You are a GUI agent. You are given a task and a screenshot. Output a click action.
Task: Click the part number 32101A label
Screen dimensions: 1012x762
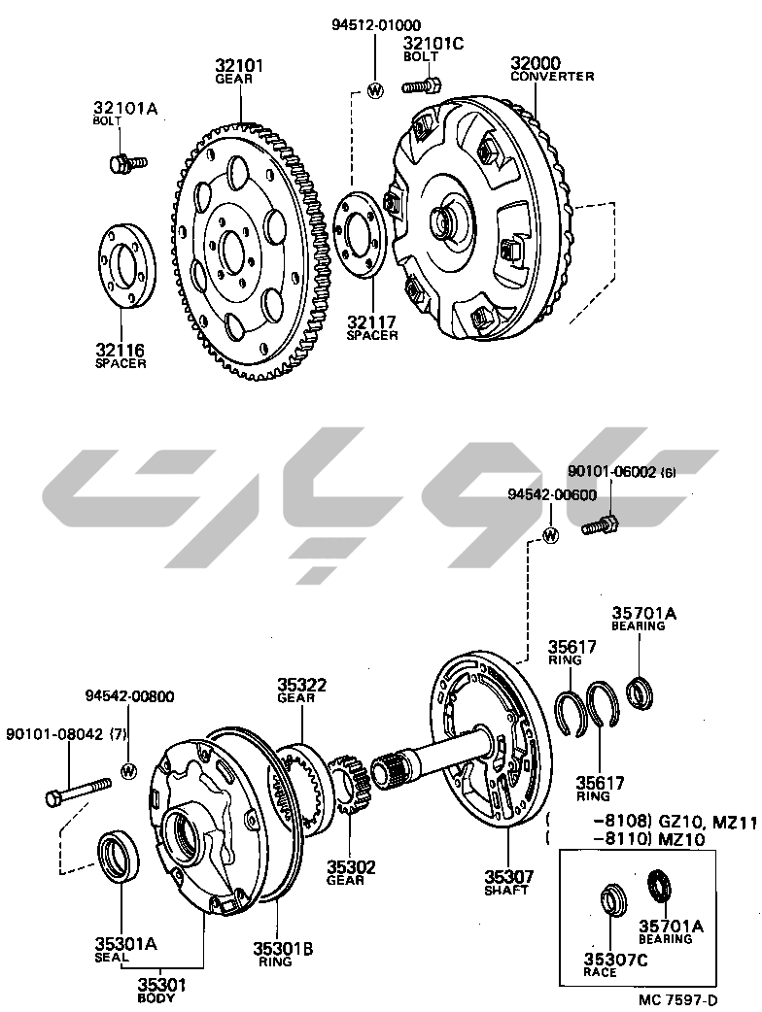pyautogui.click(x=124, y=108)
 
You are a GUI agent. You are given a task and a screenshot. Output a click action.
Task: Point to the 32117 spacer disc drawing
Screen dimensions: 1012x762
pyautogui.click(x=361, y=233)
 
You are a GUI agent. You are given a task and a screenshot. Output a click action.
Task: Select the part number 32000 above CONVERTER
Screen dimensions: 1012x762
pyautogui.click(x=537, y=63)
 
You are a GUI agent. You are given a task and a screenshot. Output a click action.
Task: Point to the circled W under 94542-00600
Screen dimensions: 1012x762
pyautogui.click(x=551, y=535)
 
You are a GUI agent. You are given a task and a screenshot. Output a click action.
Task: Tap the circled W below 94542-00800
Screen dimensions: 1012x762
pyautogui.click(x=129, y=770)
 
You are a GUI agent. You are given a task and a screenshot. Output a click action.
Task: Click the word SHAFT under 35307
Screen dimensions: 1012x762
pyautogui.click(x=506, y=890)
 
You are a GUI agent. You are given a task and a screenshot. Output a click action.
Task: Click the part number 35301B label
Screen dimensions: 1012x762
pyautogui.click(x=283, y=949)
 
